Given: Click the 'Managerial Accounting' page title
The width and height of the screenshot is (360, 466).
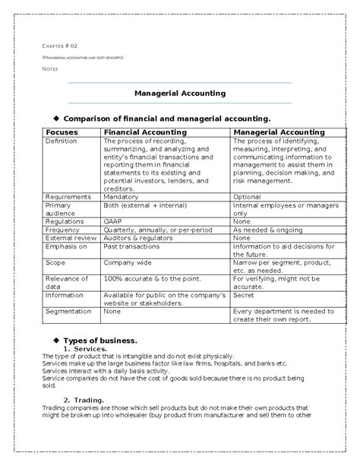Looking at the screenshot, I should (x=180, y=94).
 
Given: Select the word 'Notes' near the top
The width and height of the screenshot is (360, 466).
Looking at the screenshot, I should (x=49, y=68).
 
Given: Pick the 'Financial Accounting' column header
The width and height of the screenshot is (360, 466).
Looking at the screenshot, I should (x=143, y=132).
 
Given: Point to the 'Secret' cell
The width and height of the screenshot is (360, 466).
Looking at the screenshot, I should (x=243, y=295).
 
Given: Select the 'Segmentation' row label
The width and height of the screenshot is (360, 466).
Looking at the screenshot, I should (x=68, y=312).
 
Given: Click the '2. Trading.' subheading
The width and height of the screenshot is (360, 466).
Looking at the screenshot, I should (x=83, y=400).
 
